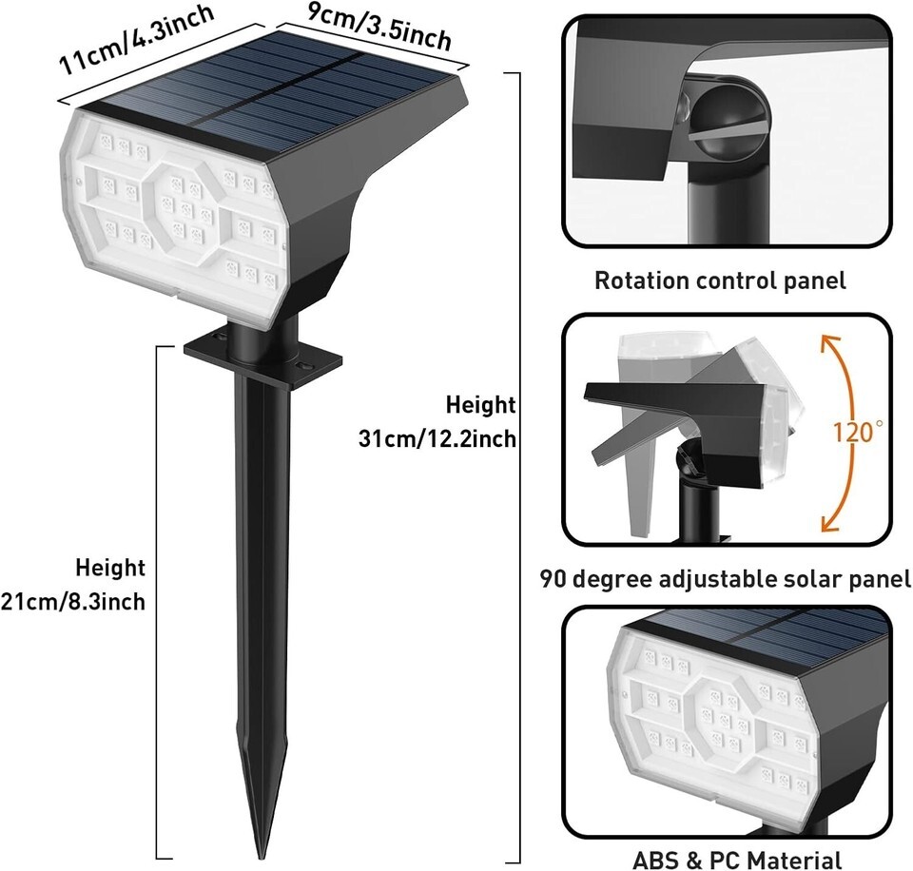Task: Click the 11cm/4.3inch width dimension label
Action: click(136, 39)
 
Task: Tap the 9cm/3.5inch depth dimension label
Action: click(379, 29)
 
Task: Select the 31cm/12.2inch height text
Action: click(437, 438)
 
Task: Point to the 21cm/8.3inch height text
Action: click(73, 602)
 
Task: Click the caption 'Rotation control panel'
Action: click(720, 281)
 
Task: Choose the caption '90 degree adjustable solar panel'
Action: click(726, 579)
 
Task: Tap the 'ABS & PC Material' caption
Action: click(736, 860)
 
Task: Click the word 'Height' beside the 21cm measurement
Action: click(110, 568)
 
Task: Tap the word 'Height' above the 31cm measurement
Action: click(481, 405)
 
